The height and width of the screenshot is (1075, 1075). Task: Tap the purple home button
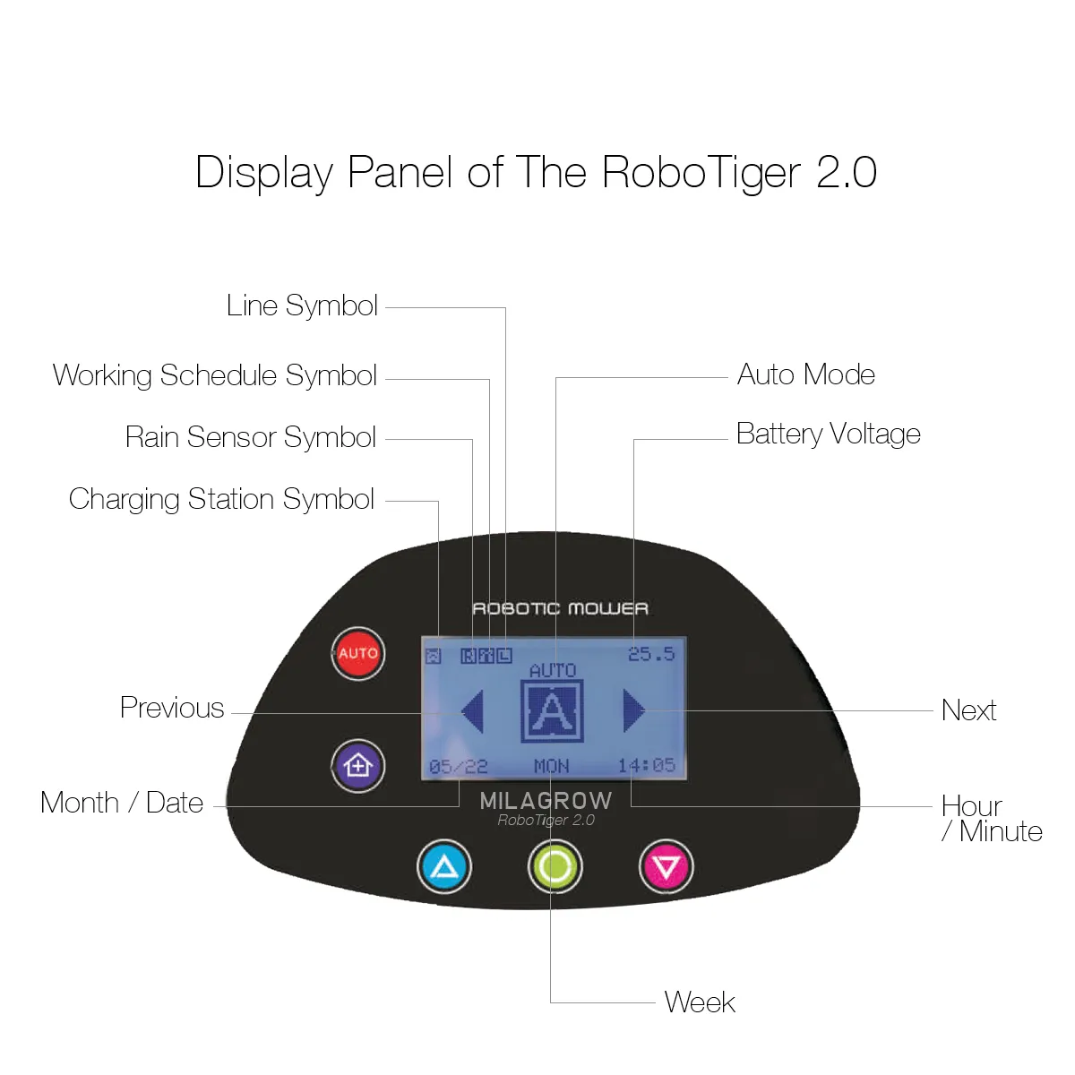coord(358,766)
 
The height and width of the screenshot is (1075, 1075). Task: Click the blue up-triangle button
coord(444,866)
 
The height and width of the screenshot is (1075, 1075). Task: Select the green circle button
coord(555,866)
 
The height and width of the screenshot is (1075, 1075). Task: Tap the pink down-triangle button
coord(666,866)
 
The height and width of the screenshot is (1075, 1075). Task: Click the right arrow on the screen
coord(633,710)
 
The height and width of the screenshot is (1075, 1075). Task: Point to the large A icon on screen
coord(552,711)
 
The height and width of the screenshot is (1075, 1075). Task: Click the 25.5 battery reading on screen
coord(651,654)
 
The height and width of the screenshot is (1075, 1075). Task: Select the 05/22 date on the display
coord(458,767)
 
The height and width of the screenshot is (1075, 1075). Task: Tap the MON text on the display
coord(551,766)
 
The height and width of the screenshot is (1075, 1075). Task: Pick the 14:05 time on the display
coord(646,765)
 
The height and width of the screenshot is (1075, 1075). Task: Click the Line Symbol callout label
coord(302,305)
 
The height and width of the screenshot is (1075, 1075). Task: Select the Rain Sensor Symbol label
coord(250,437)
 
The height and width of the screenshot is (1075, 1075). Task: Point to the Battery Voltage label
coord(828,434)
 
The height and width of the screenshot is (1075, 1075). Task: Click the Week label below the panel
coord(700,1002)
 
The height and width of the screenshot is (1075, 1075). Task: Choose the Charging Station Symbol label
coord(221,499)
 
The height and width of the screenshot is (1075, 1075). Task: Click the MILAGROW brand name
coord(546,800)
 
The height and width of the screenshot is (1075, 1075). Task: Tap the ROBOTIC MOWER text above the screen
coord(560,609)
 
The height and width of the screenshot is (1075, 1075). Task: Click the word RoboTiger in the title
coord(701,172)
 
